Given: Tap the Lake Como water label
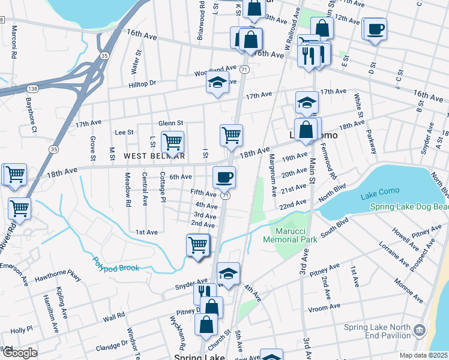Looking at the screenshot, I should click(376, 196).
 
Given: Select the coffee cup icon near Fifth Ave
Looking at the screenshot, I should click(224, 176).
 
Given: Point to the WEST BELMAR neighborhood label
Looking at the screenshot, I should click(154, 155).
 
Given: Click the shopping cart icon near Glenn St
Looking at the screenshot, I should click(173, 142).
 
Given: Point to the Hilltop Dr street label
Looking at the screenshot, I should click(142, 83).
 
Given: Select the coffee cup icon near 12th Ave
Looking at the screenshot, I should click(376, 28).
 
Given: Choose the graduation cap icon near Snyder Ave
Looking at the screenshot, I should click(228, 274).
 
